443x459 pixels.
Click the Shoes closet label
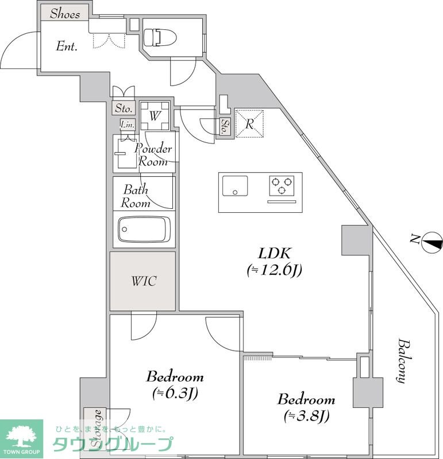(x=65, y=14)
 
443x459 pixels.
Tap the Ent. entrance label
(x=67, y=46)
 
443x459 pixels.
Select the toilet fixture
(x=160, y=37)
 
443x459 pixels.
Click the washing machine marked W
(x=155, y=116)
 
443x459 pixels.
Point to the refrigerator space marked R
(x=249, y=123)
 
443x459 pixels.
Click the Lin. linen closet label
(x=128, y=125)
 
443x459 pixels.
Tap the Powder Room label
(x=153, y=155)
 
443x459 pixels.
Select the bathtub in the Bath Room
(x=145, y=229)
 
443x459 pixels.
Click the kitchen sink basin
(x=235, y=185)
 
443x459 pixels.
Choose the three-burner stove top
(x=282, y=185)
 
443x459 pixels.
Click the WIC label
(x=144, y=281)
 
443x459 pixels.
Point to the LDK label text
(x=274, y=254)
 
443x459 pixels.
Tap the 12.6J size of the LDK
(x=275, y=270)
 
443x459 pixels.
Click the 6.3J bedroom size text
(x=175, y=393)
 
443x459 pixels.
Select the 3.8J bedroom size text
(x=306, y=415)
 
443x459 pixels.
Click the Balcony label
(x=403, y=361)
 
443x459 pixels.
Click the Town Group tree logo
(x=21, y=437)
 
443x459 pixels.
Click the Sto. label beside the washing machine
(x=124, y=108)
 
